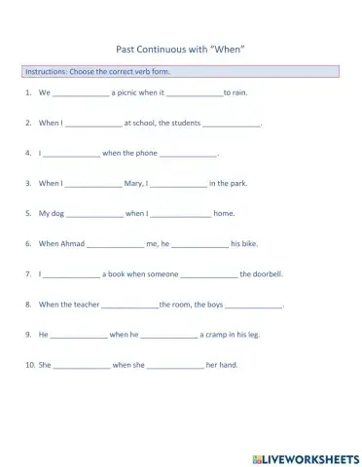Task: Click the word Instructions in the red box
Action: pyautogui.click(x=44, y=73)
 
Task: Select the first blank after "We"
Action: pyautogui.click(x=81, y=94)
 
